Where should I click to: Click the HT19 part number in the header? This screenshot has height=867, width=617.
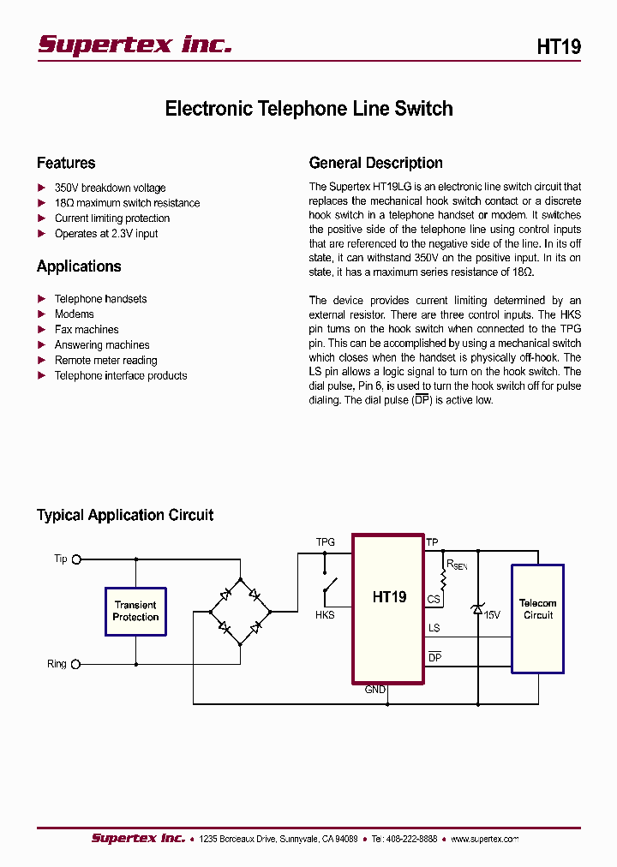click(559, 47)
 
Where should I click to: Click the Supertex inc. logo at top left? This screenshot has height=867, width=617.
click(135, 45)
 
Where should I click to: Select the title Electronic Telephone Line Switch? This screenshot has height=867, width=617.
click(308, 109)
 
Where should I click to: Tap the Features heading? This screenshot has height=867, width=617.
click(66, 163)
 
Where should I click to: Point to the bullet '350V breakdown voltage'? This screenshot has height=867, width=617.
click(110, 188)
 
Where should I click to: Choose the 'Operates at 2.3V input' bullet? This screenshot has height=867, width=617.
click(106, 233)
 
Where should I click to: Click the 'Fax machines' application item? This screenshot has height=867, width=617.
click(87, 329)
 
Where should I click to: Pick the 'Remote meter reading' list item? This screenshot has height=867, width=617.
click(105, 360)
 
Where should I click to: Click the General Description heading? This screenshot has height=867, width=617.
click(375, 163)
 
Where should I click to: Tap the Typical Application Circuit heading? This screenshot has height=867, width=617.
click(125, 515)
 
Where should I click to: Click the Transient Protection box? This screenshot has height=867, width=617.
click(135, 611)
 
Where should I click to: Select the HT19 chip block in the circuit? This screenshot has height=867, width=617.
click(388, 608)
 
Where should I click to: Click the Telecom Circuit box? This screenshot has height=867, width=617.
click(537, 617)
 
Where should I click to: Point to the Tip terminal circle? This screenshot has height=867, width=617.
click(76, 559)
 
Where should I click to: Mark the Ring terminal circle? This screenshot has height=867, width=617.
click(76, 664)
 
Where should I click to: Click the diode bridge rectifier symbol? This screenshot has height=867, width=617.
click(240, 611)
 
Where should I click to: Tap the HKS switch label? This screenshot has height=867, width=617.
click(325, 615)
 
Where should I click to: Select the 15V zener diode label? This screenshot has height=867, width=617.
click(492, 614)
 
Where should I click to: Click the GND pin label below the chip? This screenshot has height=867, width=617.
click(375, 690)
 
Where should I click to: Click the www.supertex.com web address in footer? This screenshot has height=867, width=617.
click(484, 839)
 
